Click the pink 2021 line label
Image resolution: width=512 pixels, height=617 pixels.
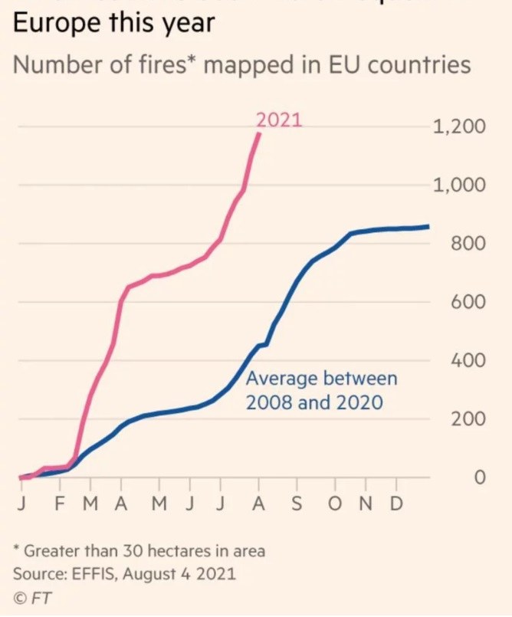point(279,120)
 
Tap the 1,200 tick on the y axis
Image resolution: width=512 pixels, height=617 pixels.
point(459,126)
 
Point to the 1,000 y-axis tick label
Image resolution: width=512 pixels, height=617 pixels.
point(459,185)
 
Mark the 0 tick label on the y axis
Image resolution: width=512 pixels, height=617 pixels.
point(480,478)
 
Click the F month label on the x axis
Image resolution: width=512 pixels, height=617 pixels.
point(61,506)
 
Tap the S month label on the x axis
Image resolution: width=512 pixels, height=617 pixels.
point(297,506)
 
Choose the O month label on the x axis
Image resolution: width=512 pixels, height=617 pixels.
point(336,506)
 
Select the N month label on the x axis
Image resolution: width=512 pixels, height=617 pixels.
point(366,506)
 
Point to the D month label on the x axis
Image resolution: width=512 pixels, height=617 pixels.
point(396,506)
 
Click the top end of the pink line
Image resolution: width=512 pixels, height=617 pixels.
point(259,134)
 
